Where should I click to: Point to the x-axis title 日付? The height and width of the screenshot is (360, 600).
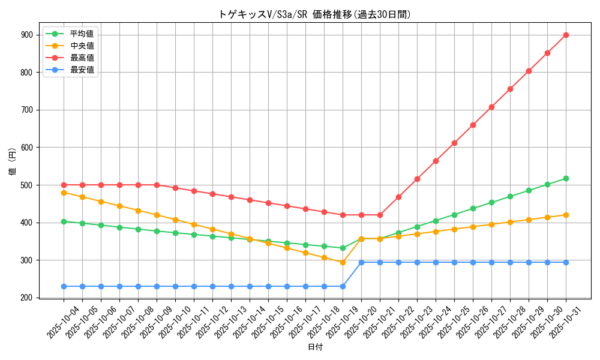click(x=315, y=347)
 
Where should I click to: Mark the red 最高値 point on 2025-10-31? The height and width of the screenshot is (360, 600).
click(x=566, y=35)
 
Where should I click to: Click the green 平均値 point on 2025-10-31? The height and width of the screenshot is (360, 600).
click(x=566, y=178)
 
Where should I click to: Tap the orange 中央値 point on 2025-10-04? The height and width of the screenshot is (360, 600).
click(x=64, y=193)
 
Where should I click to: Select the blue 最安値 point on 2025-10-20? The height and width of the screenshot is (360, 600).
click(x=361, y=262)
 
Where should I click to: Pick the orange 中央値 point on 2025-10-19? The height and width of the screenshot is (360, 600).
click(x=343, y=262)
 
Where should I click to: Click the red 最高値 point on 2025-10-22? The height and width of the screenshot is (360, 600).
click(x=398, y=197)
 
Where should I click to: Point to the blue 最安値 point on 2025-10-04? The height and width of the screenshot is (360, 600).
click(x=64, y=286)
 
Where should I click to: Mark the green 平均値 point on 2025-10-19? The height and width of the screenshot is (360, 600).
click(x=343, y=248)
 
